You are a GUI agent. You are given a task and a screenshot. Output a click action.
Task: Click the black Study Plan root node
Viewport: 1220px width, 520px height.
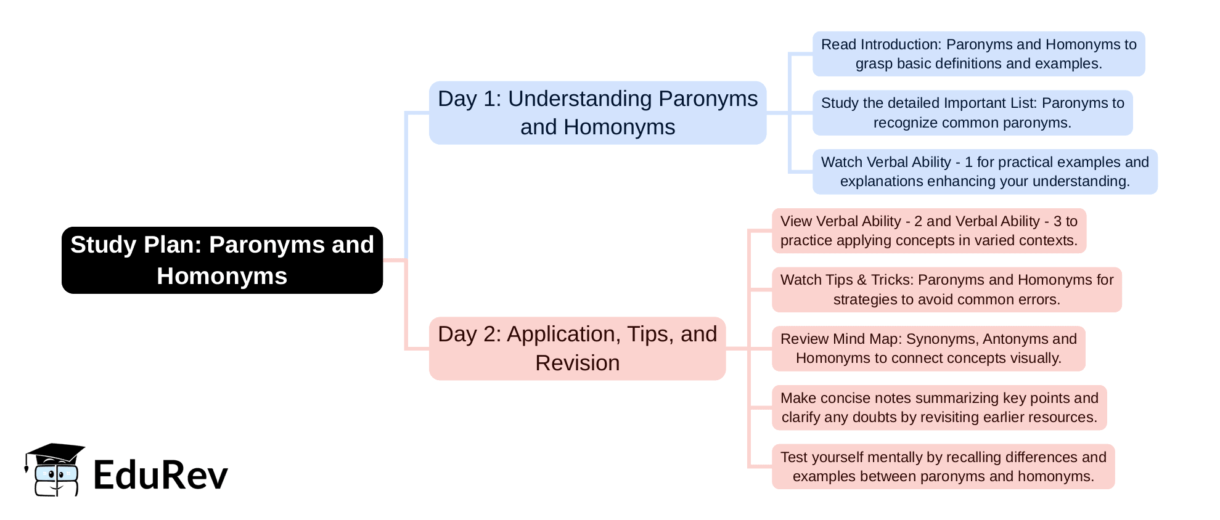coord(222,260)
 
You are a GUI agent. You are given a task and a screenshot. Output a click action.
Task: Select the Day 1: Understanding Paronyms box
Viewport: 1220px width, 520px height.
coord(597,113)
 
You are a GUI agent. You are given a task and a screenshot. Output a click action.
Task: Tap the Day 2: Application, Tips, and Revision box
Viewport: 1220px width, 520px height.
coord(577,348)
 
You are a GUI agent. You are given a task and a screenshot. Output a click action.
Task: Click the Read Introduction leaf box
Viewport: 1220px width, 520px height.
coord(978,54)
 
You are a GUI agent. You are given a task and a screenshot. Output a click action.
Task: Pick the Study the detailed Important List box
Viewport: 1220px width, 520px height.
coord(972,113)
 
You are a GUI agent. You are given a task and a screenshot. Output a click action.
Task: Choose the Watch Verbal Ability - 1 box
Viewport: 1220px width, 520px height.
coord(985,172)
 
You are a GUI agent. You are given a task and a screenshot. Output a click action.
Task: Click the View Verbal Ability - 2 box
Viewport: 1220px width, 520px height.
coord(928,230)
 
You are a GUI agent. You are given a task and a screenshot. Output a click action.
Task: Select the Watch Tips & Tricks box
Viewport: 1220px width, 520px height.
coord(946,290)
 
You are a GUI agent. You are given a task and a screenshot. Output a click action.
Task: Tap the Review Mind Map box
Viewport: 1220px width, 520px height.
coord(928,349)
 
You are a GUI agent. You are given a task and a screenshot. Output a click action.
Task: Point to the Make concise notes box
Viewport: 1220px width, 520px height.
coord(939,408)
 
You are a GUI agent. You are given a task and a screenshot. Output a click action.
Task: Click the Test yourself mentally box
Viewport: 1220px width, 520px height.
coord(943,466)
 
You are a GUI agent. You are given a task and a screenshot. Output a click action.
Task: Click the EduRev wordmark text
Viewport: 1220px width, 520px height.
coord(160,475)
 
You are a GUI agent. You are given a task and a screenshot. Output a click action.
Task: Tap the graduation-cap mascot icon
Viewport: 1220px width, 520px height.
coord(55,469)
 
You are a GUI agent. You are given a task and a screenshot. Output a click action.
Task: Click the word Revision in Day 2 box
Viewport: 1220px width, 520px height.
coord(577,363)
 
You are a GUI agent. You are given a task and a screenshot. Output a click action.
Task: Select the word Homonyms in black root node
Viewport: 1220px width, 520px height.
coord(222,276)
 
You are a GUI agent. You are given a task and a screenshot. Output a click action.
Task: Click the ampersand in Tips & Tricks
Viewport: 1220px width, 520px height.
coord(862,280)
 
